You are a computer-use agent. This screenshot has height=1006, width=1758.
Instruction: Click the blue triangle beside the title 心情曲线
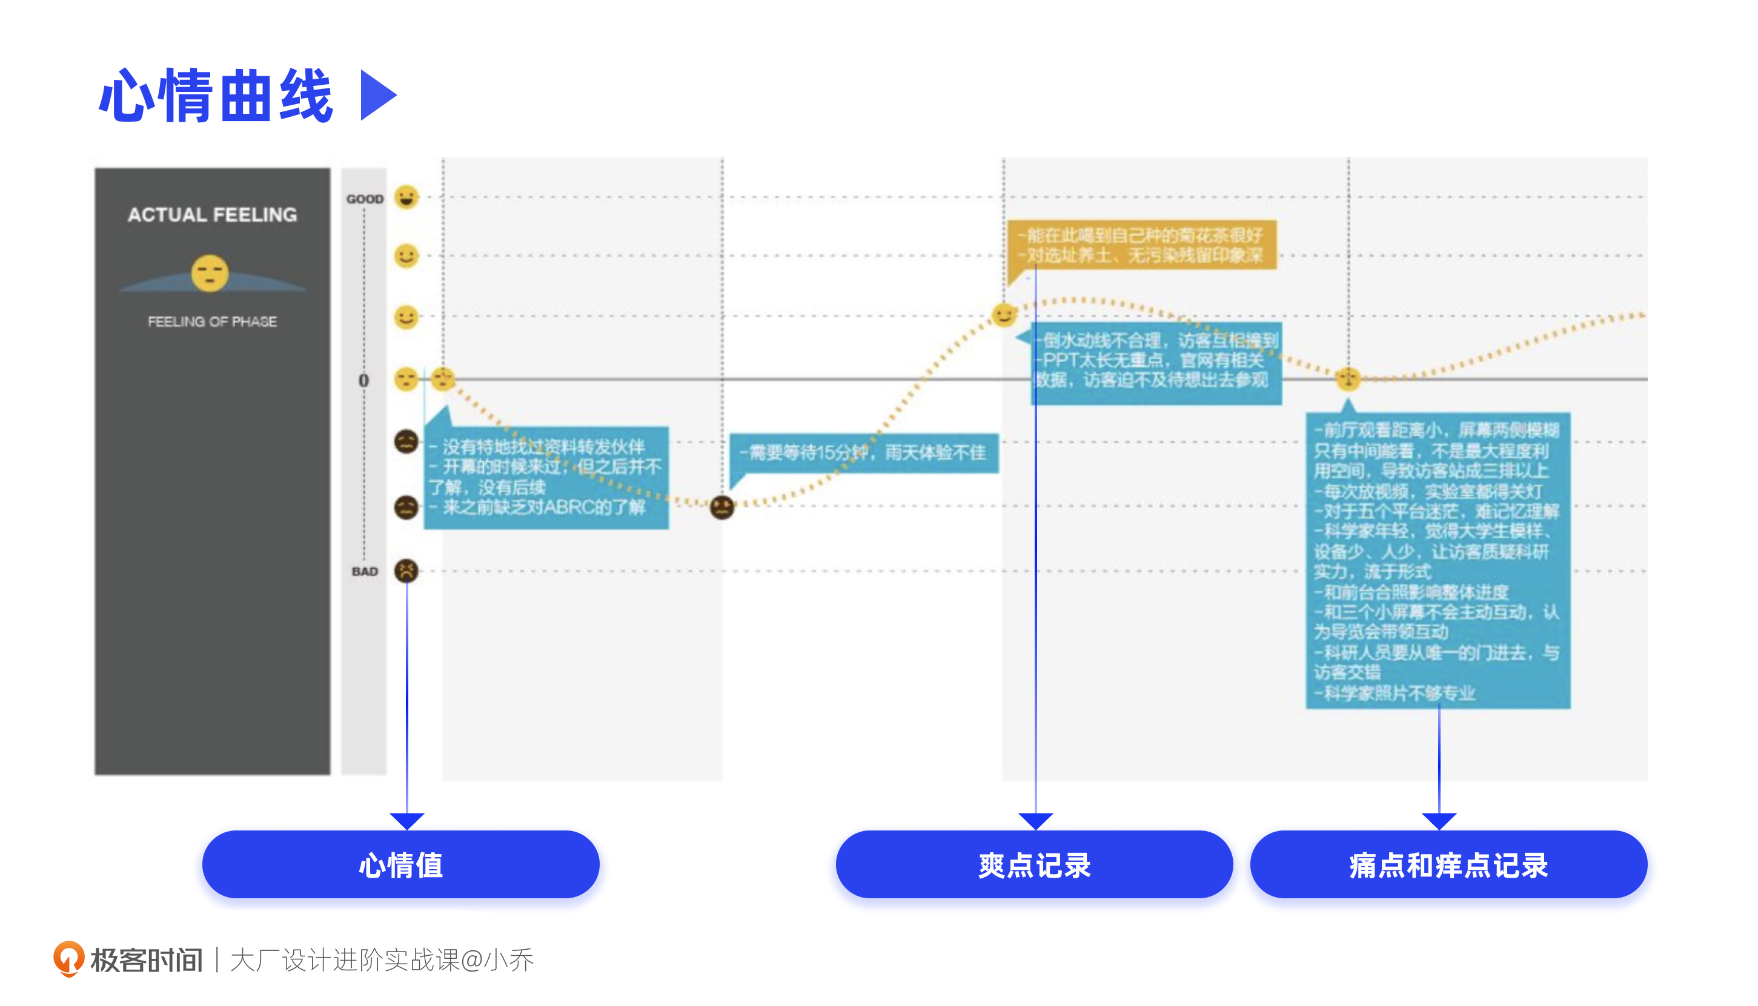click(376, 96)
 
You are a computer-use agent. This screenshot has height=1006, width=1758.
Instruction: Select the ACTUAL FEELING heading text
click(212, 215)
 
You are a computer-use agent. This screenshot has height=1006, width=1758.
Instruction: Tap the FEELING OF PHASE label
click(212, 322)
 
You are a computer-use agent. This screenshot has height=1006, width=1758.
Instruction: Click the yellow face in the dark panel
click(210, 273)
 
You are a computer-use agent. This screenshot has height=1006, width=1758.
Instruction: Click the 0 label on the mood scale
click(363, 381)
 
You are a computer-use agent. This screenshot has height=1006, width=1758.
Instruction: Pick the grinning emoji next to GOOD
click(406, 197)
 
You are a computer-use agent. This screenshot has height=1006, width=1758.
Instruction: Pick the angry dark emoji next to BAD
click(406, 571)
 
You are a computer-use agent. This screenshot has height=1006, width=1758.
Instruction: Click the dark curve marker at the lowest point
click(721, 508)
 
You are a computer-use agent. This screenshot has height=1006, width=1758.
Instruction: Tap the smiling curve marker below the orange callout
click(1004, 315)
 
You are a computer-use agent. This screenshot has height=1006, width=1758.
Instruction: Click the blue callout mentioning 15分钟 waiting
click(864, 453)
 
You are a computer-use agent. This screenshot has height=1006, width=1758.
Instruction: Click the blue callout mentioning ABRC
click(546, 477)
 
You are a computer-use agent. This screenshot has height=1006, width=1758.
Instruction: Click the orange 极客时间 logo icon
click(68, 959)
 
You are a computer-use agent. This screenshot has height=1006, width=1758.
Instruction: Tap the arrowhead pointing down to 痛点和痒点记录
click(1439, 821)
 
